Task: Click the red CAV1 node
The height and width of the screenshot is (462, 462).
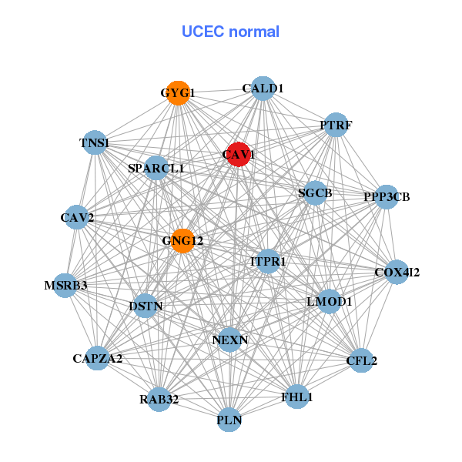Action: [239, 154]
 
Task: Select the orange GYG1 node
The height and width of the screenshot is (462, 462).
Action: [178, 93]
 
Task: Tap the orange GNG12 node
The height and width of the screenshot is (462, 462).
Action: [182, 241]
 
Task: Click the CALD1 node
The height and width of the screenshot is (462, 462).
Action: [263, 89]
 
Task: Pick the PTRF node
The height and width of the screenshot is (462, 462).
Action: [335, 125]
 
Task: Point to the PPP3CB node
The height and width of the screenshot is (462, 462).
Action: [387, 197]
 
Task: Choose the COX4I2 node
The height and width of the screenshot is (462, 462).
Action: [397, 272]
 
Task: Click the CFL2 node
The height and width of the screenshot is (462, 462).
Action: [361, 360]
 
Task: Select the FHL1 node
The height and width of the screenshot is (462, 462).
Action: [297, 397]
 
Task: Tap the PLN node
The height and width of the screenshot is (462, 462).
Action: [229, 420]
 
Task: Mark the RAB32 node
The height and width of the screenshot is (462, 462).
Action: [159, 399]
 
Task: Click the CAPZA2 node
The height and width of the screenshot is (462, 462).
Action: [98, 358]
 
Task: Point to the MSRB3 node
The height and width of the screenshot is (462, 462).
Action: [66, 286]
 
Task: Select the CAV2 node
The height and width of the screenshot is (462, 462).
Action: [77, 218]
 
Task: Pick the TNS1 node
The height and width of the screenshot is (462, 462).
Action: [94, 143]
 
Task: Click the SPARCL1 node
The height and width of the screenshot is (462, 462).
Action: [156, 168]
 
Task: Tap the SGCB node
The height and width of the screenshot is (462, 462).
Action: [314, 193]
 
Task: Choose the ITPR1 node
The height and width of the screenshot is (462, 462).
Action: [268, 262]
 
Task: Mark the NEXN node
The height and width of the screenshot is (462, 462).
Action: [229, 339]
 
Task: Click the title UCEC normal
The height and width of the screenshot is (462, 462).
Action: [230, 32]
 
